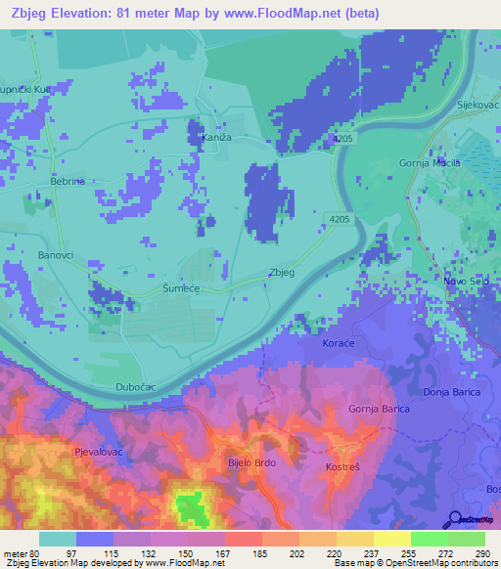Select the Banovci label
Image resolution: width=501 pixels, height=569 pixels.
[x=56, y=257]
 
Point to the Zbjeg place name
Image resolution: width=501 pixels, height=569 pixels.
[x=281, y=273]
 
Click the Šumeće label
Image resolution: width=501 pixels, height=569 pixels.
[x=180, y=289]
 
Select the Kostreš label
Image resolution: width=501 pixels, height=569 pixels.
[x=344, y=468]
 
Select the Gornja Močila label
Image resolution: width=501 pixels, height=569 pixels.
[x=430, y=162]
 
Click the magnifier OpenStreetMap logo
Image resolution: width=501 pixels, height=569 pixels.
[x=455, y=519]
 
